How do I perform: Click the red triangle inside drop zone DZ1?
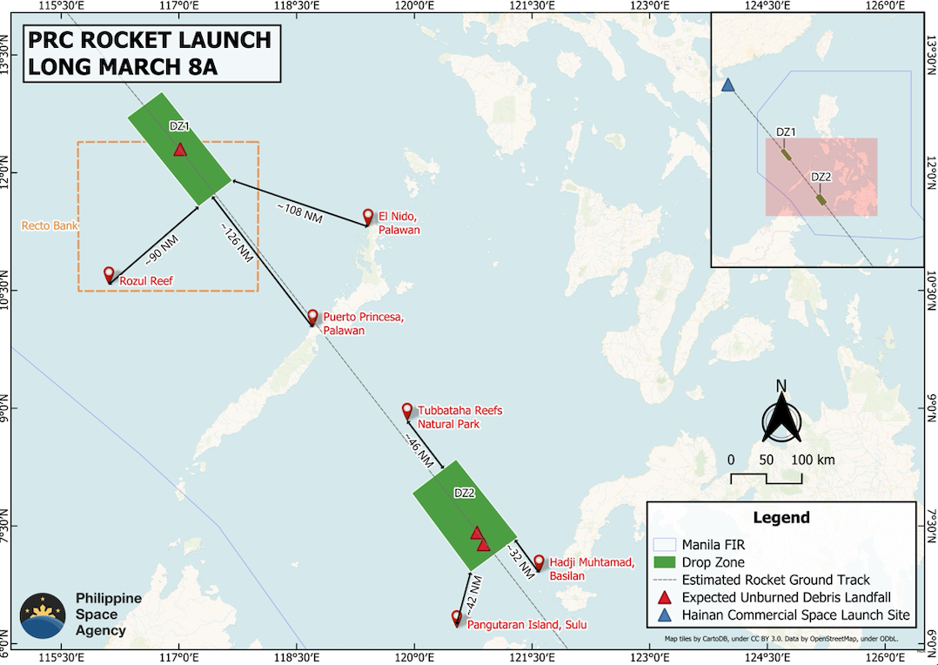179,150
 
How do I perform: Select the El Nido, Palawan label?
399,223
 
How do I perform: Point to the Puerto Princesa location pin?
312,317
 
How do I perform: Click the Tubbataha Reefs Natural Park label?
459,417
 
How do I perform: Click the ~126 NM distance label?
236,245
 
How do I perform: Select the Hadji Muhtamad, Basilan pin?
539,562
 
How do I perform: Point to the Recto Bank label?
49,226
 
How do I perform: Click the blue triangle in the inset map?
727,85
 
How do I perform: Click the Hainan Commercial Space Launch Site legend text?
795,615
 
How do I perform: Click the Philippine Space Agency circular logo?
43,615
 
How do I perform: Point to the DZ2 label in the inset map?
821,178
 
